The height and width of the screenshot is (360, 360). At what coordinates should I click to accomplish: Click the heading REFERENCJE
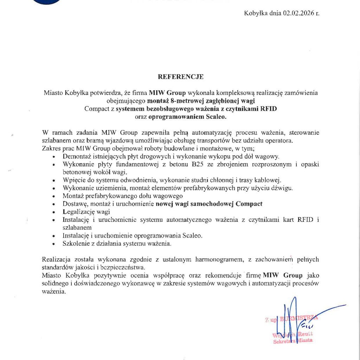[x=180, y=77]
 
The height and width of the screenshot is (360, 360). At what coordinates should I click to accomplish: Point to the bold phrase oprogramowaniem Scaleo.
[x=187, y=116]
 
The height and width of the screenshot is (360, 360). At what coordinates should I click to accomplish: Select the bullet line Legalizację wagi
[x=86, y=212]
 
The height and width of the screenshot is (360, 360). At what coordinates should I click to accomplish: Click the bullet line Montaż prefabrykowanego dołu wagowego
[x=123, y=196]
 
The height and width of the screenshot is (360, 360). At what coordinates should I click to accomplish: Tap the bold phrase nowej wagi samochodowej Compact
[x=209, y=204]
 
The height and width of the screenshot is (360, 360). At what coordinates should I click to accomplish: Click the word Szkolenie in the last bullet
[x=76, y=243]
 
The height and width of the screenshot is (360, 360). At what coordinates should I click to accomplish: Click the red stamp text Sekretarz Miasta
[x=293, y=341]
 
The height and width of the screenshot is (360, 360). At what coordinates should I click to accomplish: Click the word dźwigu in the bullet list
[x=284, y=188]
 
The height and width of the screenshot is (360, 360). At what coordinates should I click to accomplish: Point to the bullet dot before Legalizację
[x=53, y=212]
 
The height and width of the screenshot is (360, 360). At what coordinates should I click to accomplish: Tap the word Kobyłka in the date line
[x=255, y=13]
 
